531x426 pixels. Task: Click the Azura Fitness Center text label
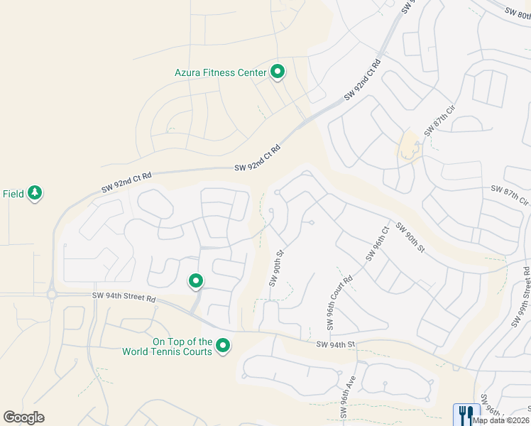click(220, 72)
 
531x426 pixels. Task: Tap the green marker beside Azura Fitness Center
click(278, 72)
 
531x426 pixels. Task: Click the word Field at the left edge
click(12, 193)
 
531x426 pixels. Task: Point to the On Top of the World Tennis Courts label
click(167, 346)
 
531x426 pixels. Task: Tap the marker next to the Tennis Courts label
click(224, 346)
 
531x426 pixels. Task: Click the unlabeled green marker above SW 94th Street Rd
click(196, 281)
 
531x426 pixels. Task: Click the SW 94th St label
click(335, 345)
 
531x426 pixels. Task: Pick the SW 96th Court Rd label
click(339, 303)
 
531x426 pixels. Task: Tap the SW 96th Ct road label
click(376, 244)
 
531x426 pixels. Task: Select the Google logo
click(23, 417)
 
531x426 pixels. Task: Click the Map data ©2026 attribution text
click(500, 420)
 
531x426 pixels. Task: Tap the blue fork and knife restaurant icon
click(466, 414)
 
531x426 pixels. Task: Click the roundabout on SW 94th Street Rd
click(52, 294)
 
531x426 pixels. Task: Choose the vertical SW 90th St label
click(276, 268)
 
